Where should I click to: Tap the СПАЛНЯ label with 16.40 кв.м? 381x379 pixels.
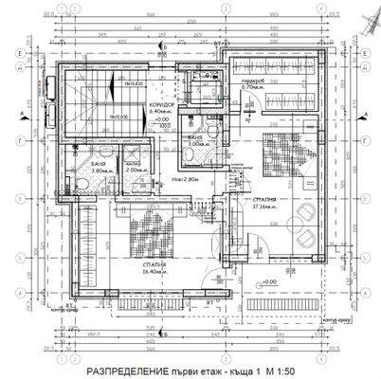pos(150,264)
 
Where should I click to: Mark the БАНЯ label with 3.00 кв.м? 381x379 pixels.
pos(195,137)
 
